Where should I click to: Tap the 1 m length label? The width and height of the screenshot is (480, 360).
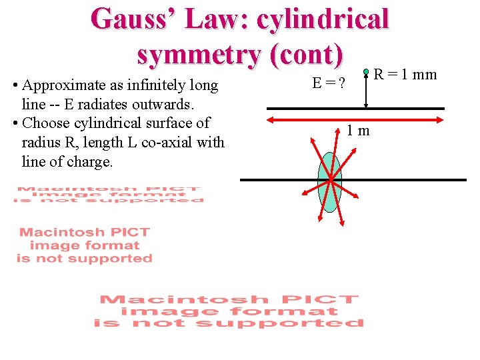358,131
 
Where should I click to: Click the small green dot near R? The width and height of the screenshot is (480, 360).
366,71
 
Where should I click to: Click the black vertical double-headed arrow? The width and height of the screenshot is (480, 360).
366,90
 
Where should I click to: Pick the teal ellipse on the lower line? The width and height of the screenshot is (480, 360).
330,182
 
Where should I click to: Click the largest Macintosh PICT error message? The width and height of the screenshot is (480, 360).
229,311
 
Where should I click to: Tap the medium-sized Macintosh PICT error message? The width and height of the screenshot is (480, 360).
85,245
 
